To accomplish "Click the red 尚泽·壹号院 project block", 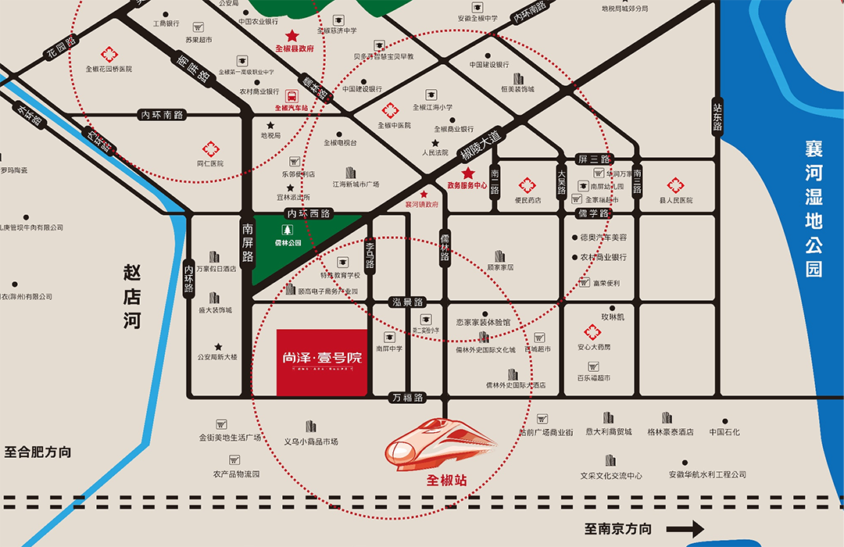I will pos(321,362).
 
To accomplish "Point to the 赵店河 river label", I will pos(133,298).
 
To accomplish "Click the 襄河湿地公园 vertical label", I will pos(814,208).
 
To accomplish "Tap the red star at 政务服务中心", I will pos(468,173).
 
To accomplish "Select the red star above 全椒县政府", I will pos(292,35).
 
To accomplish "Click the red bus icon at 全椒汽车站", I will pos(291,96).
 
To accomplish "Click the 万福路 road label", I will pos(408,398).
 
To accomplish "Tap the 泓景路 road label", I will pos(407,302).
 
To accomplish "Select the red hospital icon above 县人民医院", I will pos(675,185).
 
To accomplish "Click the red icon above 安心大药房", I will pos(592,332).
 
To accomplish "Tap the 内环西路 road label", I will pos(309,213).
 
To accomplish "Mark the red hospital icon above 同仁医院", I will pos(210,148).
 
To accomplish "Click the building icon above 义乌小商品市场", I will pos(311,427).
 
